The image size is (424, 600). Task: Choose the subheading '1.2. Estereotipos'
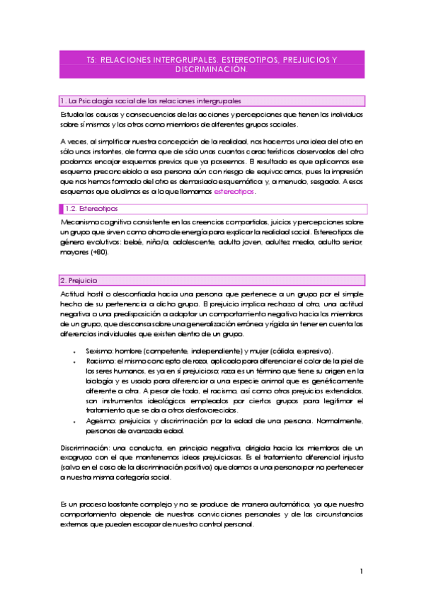point(91,209)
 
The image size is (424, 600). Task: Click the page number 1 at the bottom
point(361,571)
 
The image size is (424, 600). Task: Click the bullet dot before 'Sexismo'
point(76,352)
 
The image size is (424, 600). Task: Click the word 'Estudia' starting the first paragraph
point(71,114)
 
